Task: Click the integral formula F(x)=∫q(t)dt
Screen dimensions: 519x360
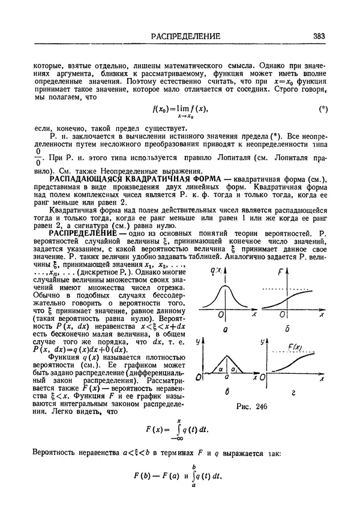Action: tap(179, 430)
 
